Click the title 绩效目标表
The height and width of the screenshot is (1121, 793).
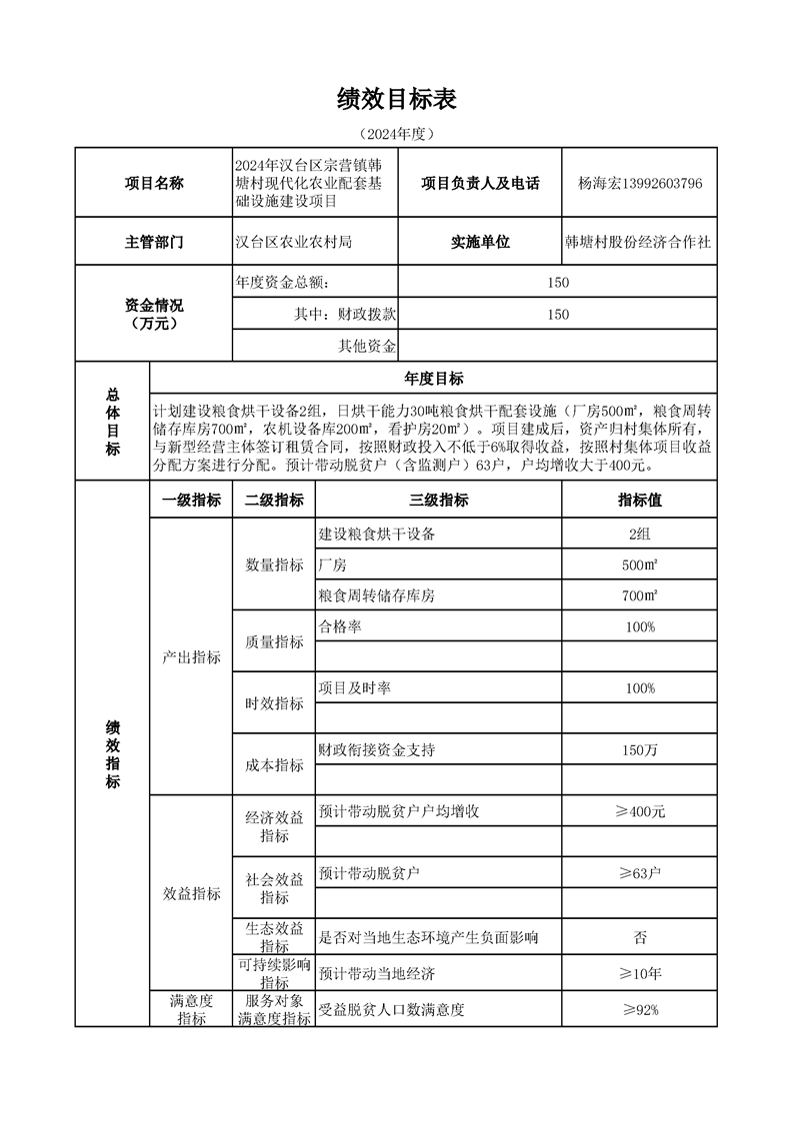point(397,99)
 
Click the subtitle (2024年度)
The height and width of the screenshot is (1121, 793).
point(397,133)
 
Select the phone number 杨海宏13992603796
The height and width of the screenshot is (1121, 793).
point(640,184)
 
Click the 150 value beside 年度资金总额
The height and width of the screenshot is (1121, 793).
point(558,283)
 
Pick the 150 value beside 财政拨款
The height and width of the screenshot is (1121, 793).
point(558,314)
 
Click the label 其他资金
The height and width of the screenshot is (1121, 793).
point(367,346)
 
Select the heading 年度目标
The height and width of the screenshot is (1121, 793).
point(433,378)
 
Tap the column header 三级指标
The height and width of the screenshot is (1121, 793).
point(438,501)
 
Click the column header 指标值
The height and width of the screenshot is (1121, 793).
point(639,501)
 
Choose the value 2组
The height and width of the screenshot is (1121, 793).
point(639,534)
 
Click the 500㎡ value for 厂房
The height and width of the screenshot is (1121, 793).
point(639,564)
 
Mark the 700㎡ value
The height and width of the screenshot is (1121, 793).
point(639,595)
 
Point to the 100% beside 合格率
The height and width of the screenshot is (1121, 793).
point(639,626)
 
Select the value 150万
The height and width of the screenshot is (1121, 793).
point(639,749)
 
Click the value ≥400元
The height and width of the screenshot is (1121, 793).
point(640,811)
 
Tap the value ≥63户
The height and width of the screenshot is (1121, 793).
point(640,873)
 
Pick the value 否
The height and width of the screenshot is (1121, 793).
point(640,937)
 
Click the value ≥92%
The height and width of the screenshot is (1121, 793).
point(640,1009)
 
